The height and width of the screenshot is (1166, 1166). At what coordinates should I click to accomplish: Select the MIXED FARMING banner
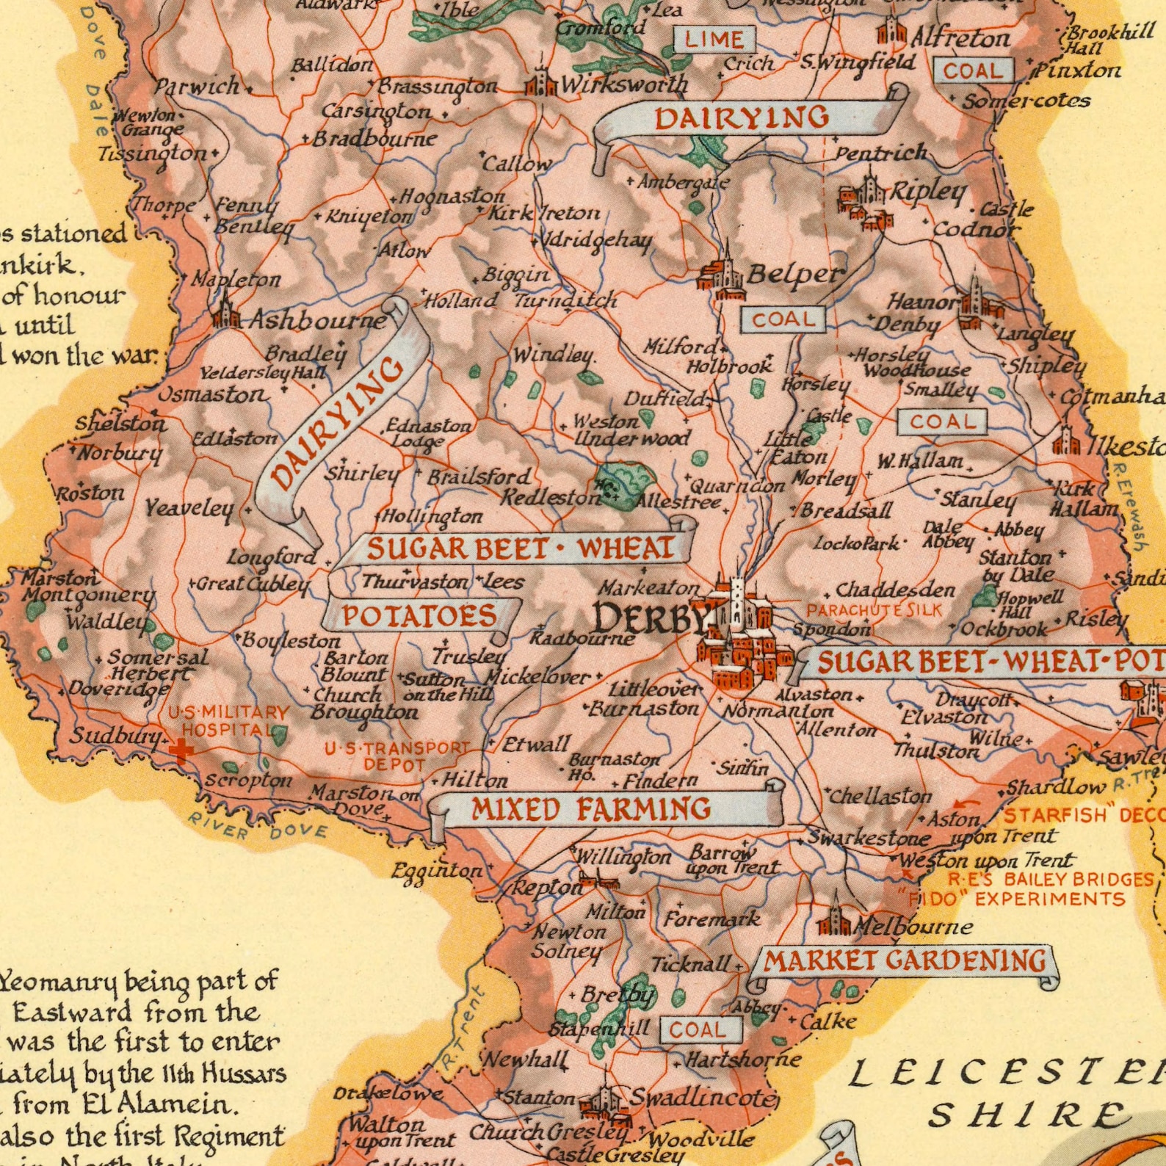click(591, 808)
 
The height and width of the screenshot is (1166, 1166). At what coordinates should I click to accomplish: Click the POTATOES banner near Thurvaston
click(421, 615)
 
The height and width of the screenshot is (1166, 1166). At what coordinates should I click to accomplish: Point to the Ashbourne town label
click(317, 321)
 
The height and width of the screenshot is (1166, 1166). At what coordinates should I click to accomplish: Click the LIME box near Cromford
click(714, 39)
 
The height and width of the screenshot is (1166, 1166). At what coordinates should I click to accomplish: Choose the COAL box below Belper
click(783, 319)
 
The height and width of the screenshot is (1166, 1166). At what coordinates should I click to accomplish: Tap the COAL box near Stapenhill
click(697, 1029)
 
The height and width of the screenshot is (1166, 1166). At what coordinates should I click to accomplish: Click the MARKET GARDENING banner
click(905, 960)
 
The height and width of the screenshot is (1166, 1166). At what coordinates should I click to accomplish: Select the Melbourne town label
click(913, 927)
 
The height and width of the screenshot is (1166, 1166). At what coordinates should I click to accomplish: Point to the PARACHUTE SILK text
click(874, 609)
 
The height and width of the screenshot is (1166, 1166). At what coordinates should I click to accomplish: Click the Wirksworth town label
click(624, 85)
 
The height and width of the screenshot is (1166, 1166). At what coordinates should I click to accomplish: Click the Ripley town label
click(928, 192)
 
